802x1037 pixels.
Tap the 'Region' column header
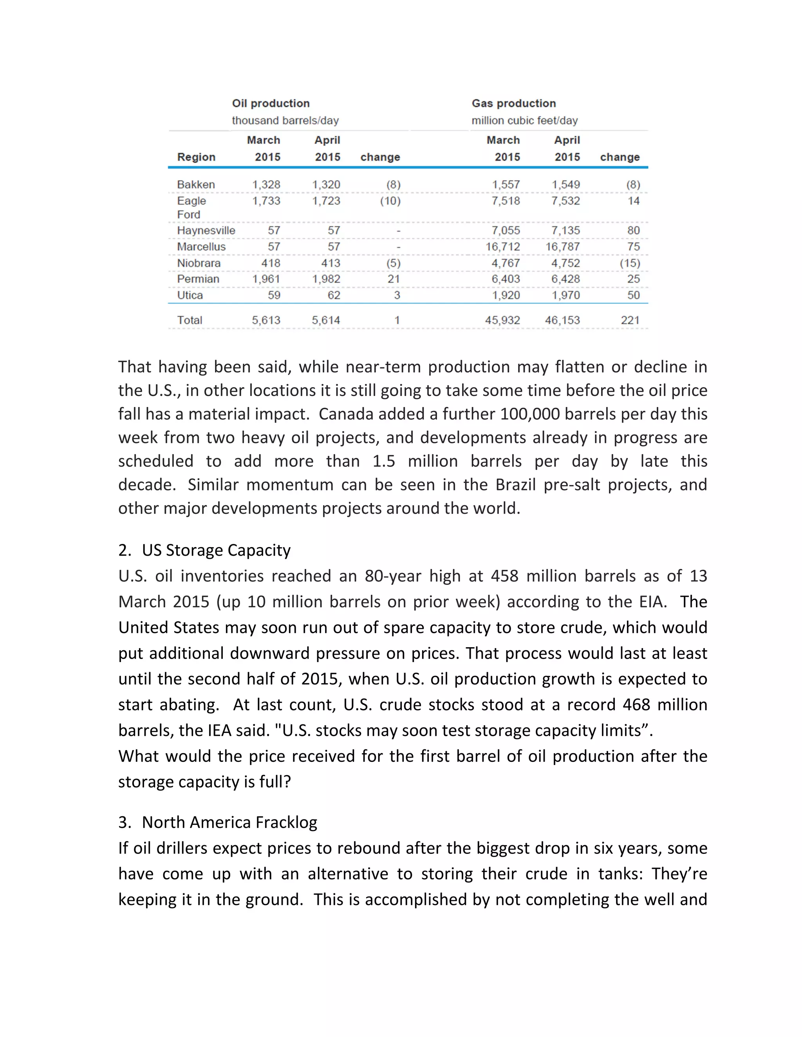[x=196, y=157]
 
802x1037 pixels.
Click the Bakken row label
[x=196, y=185]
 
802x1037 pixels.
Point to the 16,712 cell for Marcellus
[x=502, y=247]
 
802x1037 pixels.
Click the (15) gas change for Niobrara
[x=630, y=263]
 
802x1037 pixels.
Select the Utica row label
[x=190, y=295]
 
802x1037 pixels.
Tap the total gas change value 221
[x=630, y=320]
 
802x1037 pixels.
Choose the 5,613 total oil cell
[x=266, y=320]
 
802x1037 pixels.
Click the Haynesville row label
[x=206, y=231]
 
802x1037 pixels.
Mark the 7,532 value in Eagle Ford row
[x=565, y=201]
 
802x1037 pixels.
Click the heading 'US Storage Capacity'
[x=216, y=550]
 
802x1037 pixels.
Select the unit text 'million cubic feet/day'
[x=524, y=121]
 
